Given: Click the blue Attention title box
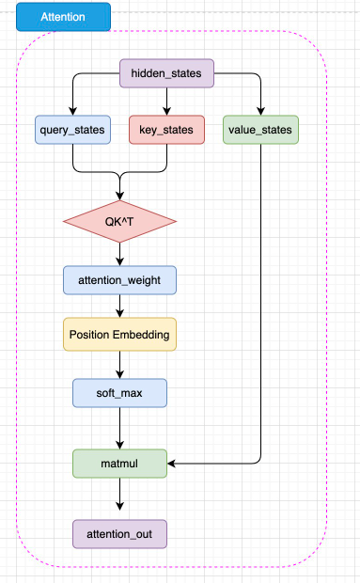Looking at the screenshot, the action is click(63, 17).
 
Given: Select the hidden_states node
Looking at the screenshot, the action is click(166, 73).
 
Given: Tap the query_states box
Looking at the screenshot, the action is click(72, 130).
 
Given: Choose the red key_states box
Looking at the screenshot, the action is click(166, 130).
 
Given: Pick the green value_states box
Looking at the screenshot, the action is click(260, 130).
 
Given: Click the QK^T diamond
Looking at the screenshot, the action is click(119, 222).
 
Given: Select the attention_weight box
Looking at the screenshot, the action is click(119, 280).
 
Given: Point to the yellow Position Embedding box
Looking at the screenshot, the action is click(119, 334).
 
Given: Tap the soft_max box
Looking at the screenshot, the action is click(119, 393).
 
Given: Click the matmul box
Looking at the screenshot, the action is click(119, 464).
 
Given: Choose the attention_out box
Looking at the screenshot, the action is click(119, 534).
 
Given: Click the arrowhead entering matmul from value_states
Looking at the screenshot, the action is click(171, 464).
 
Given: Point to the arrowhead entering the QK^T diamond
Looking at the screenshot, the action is click(119, 196).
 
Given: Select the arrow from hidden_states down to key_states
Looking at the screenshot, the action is click(166, 102).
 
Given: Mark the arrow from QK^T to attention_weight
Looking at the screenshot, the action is click(119, 254).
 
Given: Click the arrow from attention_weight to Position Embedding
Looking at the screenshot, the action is click(119, 306).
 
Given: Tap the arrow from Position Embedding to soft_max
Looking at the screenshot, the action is click(119, 365).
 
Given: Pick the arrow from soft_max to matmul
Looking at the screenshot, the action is click(119, 429).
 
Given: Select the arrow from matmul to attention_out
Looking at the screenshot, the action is click(119, 494).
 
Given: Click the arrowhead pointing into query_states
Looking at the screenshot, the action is click(72, 111).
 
